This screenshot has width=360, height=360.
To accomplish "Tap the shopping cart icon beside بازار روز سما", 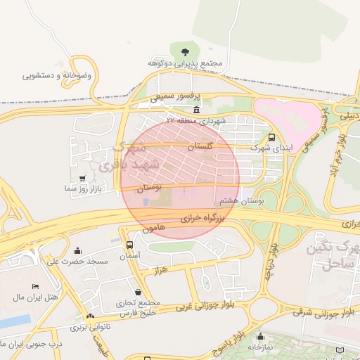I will (x=84, y=179).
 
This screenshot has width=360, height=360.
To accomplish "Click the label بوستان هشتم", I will (x=241, y=201).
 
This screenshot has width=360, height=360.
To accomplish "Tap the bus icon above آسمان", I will (x=129, y=245).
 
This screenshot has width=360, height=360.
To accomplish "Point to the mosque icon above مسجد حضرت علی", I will (x=77, y=250).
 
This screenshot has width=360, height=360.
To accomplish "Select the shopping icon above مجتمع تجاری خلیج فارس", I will (x=136, y=291).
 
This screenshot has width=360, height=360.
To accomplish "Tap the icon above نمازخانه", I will (x=261, y=336).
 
